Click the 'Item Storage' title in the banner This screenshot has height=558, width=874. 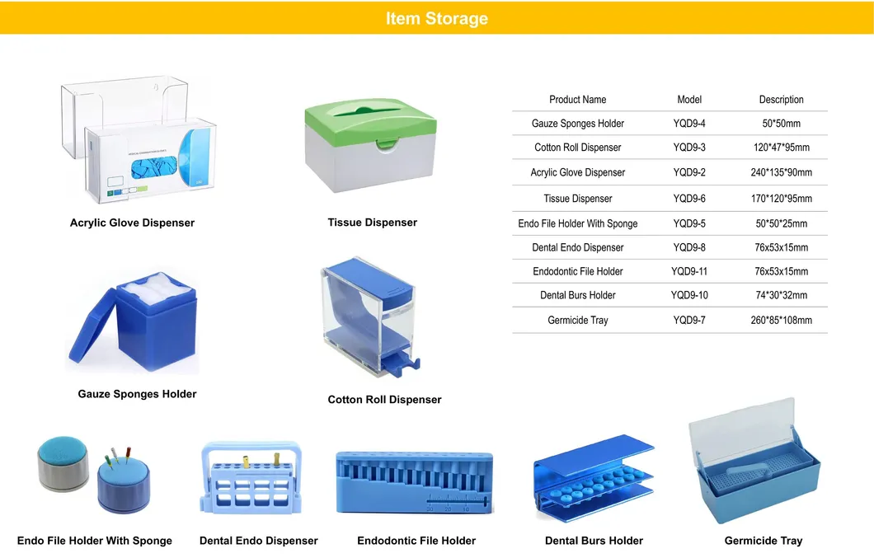coord(436,18)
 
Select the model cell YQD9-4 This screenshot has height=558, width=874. coord(689,124)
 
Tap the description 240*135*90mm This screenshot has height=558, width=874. coord(781,172)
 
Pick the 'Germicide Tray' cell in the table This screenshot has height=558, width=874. coord(577,320)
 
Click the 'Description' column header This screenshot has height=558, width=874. coord(781,100)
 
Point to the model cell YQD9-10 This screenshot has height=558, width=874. coord(689,295)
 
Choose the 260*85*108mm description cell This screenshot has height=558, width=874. coord(781,320)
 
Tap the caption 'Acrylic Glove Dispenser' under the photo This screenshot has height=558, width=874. coord(132,223)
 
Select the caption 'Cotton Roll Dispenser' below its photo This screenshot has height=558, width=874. coord(384,400)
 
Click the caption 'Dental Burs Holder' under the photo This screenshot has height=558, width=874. coord(594,541)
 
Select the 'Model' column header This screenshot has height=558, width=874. coord(689,100)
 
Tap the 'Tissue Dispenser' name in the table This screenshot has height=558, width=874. coord(577,199)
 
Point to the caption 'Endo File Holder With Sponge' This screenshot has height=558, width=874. coord(95,541)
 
